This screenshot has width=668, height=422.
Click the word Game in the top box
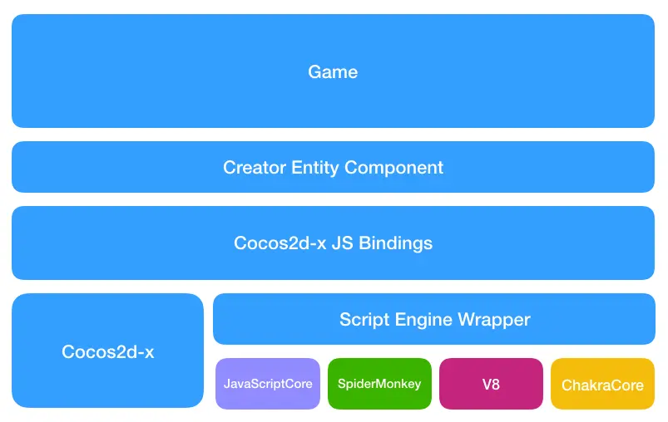333,72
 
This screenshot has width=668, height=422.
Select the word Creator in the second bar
254,168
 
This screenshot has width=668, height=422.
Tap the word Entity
315,168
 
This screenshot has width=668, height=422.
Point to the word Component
393,168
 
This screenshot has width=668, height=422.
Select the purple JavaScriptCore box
268,384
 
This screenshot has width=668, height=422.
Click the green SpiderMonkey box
379,384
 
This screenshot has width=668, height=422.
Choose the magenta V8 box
491,384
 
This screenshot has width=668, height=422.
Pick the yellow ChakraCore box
602,384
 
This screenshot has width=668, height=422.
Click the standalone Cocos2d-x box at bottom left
107,351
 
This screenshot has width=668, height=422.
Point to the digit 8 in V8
496,385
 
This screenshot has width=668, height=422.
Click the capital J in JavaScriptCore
227,384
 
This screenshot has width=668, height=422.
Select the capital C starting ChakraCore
567,385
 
